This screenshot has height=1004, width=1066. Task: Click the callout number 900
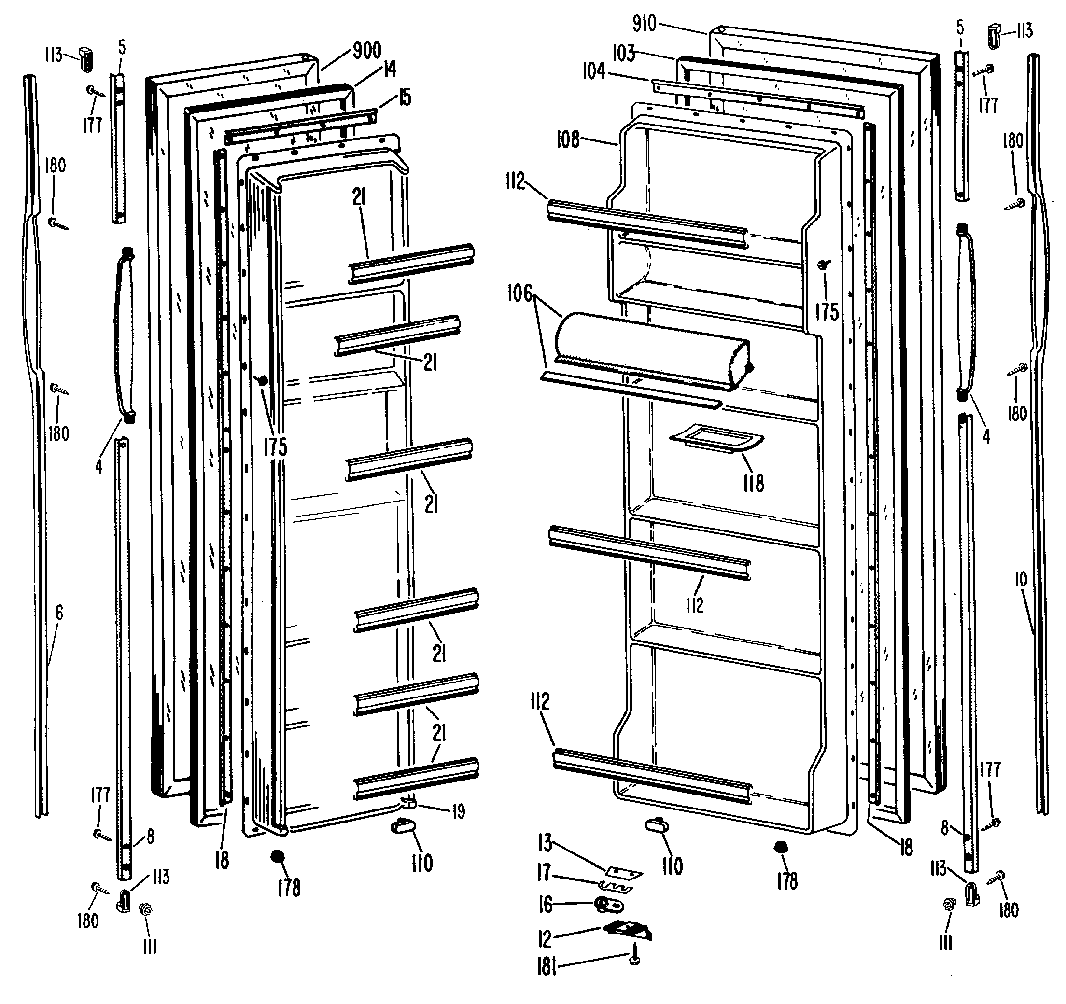click(x=367, y=50)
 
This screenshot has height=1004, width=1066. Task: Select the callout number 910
click(x=644, y=24)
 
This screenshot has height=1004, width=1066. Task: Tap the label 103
click(x=624, y=54)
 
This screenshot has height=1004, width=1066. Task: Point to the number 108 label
click(x=568, y=140)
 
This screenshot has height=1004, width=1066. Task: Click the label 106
click(x=519, y=294)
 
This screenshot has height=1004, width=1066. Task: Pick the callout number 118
click(x=753, y=483)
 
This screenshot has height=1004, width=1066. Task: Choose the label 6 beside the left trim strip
click(x=59, y=612)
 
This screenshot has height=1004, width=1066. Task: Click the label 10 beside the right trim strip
click(x=1021, y=579)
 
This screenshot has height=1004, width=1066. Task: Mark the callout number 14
click(x=389, y=69)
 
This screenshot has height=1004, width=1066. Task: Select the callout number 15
click(x=405, y=98)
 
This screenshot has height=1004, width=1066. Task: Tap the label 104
click(x=594, y=71)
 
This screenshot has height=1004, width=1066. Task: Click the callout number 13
click(x=545, y=843)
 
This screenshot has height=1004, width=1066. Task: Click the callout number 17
click(x=544, y=873)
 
